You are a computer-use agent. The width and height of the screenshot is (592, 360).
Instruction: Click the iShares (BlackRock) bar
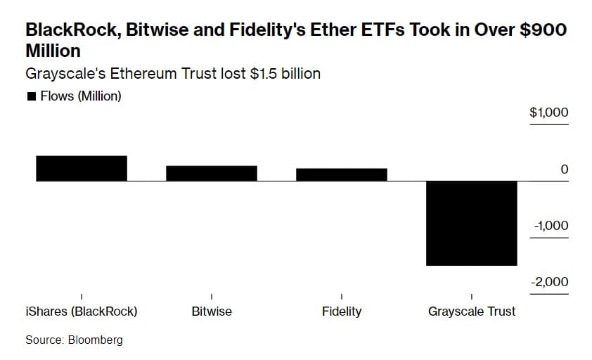(82, 169)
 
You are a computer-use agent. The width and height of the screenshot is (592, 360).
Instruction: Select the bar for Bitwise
(212, 174)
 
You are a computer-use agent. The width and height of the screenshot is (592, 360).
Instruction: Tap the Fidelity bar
(342, 175)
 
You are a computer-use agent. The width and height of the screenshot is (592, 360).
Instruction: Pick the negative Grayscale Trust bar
(472, 223)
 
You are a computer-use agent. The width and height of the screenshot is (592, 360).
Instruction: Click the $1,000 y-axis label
(549, 113)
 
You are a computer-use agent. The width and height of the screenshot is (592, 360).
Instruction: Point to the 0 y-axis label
(565, 169)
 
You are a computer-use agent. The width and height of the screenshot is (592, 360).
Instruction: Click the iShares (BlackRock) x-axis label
(82, 311)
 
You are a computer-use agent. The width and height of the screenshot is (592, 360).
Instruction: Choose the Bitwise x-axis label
(212, 311)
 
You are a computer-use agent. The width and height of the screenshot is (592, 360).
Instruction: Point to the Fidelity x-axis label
(342, 311)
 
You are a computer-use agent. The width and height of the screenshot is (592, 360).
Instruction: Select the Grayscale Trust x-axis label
(472, 311)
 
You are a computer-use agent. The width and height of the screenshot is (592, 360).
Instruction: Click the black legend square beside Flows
(31, 97)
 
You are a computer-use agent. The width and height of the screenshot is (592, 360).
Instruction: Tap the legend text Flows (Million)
(80, 96)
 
